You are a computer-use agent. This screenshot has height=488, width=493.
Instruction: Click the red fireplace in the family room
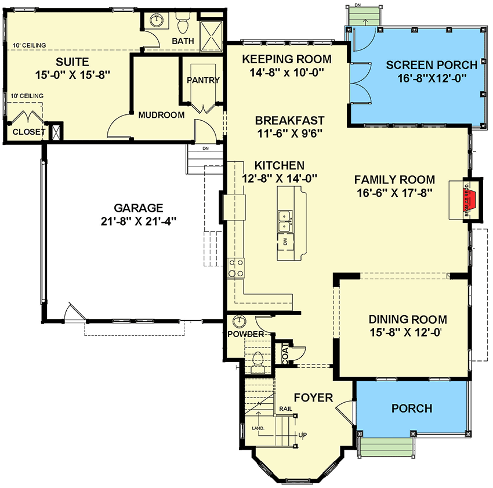(x=472, y=198)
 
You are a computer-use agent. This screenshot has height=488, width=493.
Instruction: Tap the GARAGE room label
(x=139, y=208)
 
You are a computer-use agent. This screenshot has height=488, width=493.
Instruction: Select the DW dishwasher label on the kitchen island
(x=285, y=241)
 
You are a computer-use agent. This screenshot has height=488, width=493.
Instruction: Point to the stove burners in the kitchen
(x=237, y=268)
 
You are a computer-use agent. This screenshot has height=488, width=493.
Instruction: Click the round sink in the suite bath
(x=157, y=21)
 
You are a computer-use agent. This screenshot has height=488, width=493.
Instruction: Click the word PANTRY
(x=203, y=80)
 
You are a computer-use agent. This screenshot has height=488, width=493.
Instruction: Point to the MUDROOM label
(x=161, y=115)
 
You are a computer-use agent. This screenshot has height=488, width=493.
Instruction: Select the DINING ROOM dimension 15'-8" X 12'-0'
(x=408, y=333)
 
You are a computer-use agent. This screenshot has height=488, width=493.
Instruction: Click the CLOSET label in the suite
(x=28, y=132)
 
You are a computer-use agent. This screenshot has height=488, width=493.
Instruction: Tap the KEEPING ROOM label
(x=287, y=59)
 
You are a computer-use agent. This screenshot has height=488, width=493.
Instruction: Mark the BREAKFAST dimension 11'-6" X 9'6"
(x=289, y=133)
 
